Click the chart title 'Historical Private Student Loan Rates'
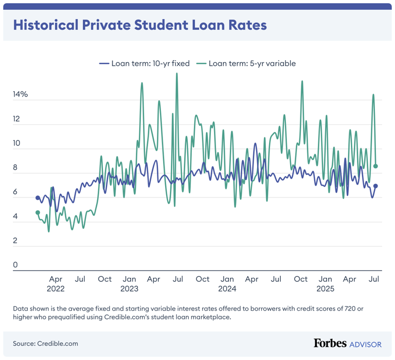click(x=139, y=25)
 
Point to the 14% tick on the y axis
click(x=21, y=95)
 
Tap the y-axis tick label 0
click(x=15, y=265)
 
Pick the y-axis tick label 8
click(x=15, y=168)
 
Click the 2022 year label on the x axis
click(x=56, y=289)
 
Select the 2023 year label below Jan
click(x=129, y=289)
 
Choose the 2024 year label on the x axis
click(x=227, y=289)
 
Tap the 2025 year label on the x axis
click(x=325, y=289)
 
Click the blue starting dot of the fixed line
click(x=38, y=197)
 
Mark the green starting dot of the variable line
click(x=38, y=212)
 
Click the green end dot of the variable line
click(x=376, y=166)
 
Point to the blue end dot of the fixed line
click(x=376, y=186)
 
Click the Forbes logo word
click(x=330, y=343)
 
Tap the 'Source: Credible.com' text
click(x=46, y=344)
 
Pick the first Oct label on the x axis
click(x=104, y=279)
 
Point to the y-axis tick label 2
click(x=15, y=241)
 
